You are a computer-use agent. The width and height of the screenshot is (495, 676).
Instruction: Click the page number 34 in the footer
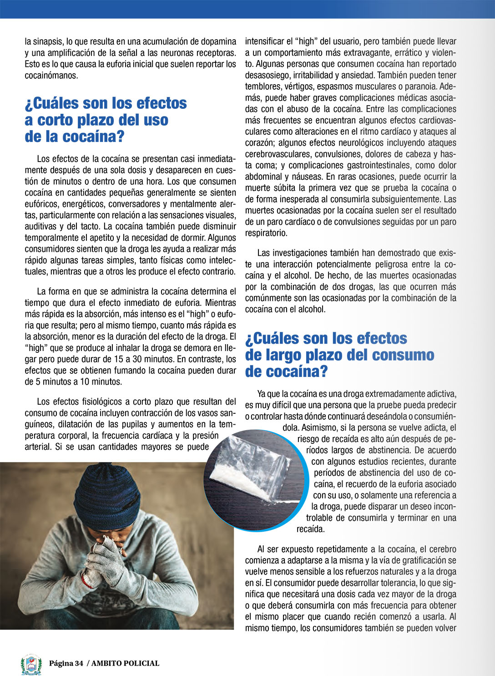(x=78, y=663)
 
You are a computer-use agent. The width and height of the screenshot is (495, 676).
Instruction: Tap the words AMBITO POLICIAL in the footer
(x=125, y=663)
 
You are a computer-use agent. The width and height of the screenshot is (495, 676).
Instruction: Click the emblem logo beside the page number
(x=31, y=665)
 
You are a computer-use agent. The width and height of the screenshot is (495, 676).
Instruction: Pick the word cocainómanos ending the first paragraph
(x=51, y=76)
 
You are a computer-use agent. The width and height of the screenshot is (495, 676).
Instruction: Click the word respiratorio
(x=266, y=233)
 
